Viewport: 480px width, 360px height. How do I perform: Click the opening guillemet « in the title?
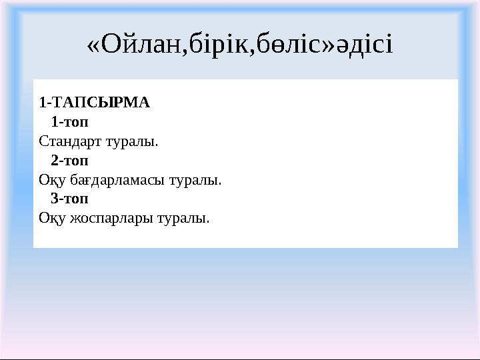95,45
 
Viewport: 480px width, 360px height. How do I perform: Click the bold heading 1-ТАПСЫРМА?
94,103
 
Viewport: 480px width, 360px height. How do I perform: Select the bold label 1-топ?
69,122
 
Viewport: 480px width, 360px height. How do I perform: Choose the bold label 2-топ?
69,161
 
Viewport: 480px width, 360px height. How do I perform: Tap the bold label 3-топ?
69,199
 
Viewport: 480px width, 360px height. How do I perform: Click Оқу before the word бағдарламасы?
49,180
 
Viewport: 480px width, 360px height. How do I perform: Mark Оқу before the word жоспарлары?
49,218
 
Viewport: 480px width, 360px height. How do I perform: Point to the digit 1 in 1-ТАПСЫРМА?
42,103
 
